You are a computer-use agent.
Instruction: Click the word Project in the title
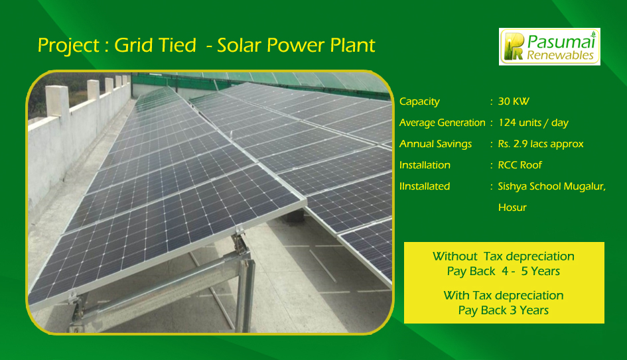coord(68,46)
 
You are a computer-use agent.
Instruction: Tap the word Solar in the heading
coord(240,45)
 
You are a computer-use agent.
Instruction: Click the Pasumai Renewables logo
coord(549,47)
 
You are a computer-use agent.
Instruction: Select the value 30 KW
coord(514,101)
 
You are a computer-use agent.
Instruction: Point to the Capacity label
coord(419,102)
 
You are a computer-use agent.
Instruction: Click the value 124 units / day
coord(533,123)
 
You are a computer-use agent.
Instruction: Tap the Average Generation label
coord(443,123)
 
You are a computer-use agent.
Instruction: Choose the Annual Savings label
coord(435,145)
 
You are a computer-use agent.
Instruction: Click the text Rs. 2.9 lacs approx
coord(541,144)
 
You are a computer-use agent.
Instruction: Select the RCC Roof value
coord(520,165)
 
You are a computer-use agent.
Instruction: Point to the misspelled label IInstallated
coord(425,186)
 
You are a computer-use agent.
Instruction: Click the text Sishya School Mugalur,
coord(552,186)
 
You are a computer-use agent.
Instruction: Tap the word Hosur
coord(512,208)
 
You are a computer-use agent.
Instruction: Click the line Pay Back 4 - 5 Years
coord(504,271)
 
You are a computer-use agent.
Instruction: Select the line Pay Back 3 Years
coord(504,310)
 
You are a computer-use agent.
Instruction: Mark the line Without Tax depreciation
coord(504,257)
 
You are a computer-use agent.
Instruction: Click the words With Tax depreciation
coord(504,296)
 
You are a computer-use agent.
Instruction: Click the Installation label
coord(425,165)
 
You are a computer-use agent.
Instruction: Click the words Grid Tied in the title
coord(155,45)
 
